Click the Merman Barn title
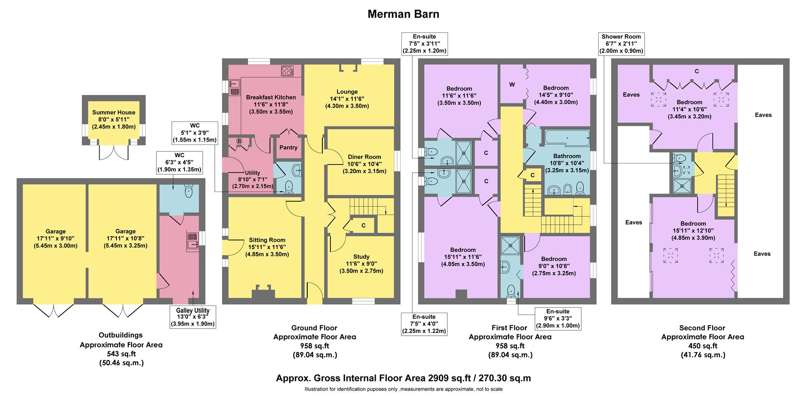403,14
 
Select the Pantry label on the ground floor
288,147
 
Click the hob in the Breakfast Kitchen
287,71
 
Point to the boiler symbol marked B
239,141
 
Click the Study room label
361,257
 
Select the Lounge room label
347,92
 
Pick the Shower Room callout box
621,44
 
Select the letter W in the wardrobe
512,84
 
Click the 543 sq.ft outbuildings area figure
121,353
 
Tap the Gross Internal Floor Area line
403,378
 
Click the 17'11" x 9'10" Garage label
55,239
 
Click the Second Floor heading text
702,328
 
